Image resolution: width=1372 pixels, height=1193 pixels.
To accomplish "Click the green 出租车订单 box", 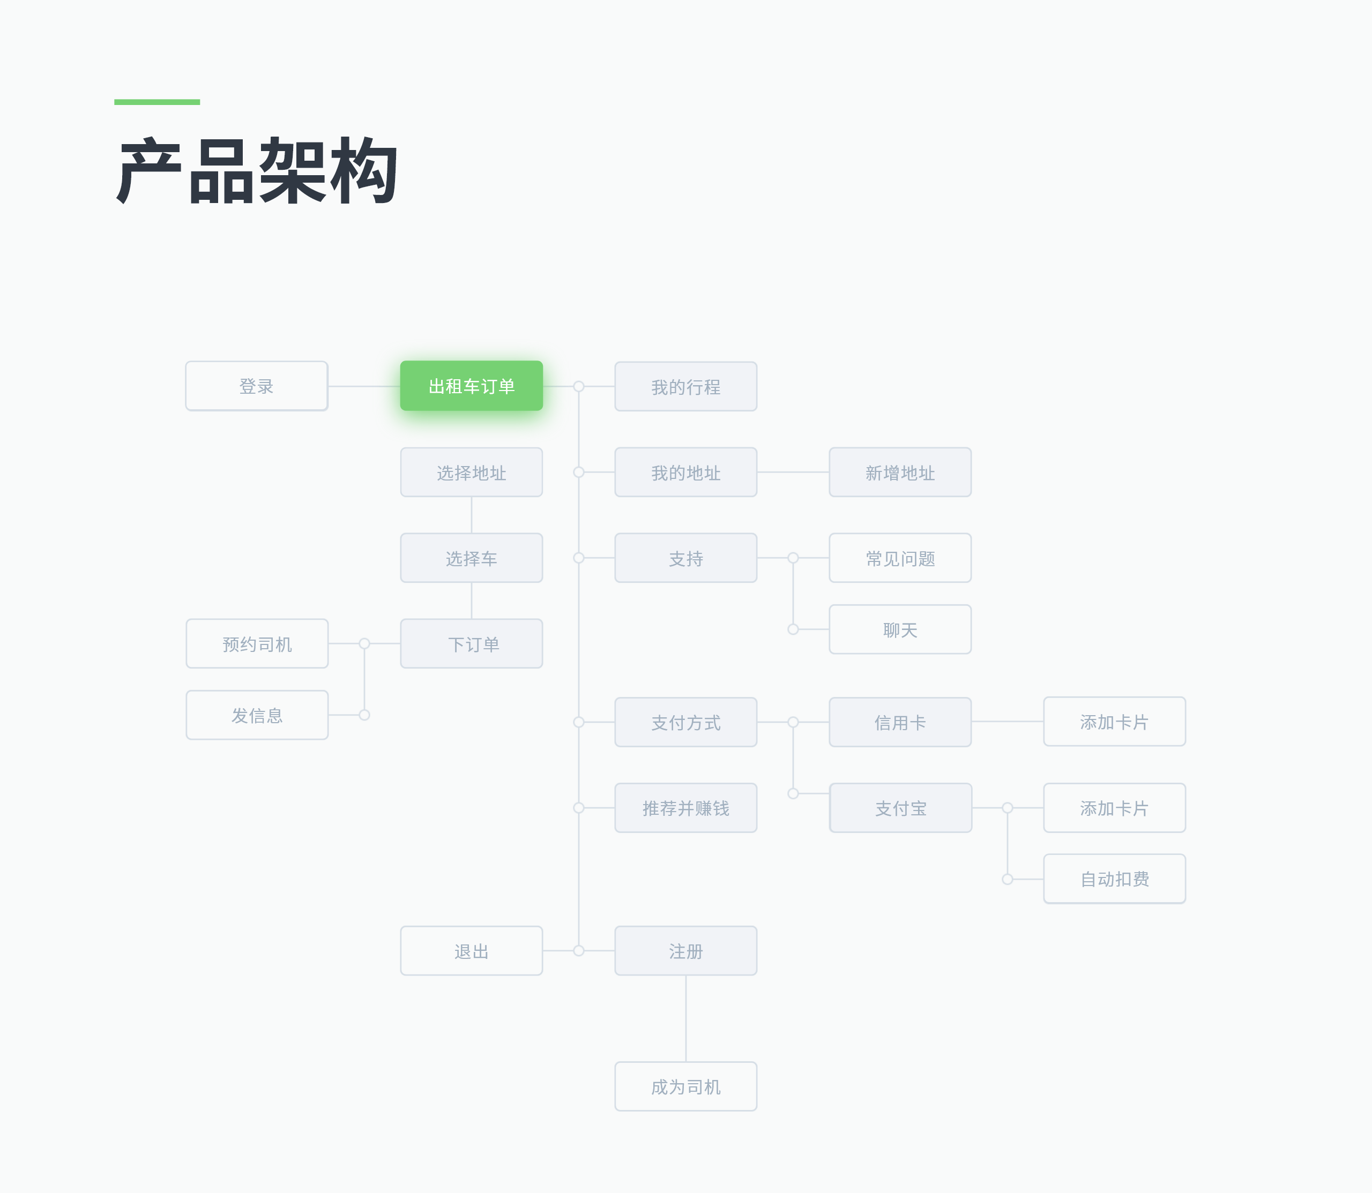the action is (x=472, y=386).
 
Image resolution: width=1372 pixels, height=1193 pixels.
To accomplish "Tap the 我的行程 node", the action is (x=686, y=387).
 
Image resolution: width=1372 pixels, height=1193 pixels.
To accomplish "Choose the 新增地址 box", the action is (x=900, y=472).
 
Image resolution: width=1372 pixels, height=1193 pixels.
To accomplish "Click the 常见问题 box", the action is (x=900, y=558).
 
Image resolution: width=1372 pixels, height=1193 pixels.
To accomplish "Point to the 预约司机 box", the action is (x=257, y=644).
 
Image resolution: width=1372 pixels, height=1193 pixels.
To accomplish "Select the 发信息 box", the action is (x=257, y=715).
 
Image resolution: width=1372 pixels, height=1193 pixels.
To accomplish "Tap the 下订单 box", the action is (x=472, y=644).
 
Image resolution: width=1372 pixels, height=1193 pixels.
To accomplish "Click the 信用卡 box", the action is (x=900, y=722).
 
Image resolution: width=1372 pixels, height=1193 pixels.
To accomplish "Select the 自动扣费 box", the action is (x=1115, y=879).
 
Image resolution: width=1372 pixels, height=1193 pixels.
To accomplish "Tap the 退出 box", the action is (x=472, y=951).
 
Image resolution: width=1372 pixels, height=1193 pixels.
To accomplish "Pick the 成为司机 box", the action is (x=686, y=1086).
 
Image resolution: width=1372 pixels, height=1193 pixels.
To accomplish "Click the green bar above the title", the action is (x=157, y=102).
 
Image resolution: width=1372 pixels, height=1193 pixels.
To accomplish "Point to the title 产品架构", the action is (x=257, y=170).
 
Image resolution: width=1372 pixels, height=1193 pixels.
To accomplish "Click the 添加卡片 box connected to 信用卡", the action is (x=1115, y=722).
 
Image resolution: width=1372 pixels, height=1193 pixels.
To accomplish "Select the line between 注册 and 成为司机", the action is (x=686, y=1018).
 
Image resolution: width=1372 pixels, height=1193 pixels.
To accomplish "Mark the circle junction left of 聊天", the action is (x=793, y=629).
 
